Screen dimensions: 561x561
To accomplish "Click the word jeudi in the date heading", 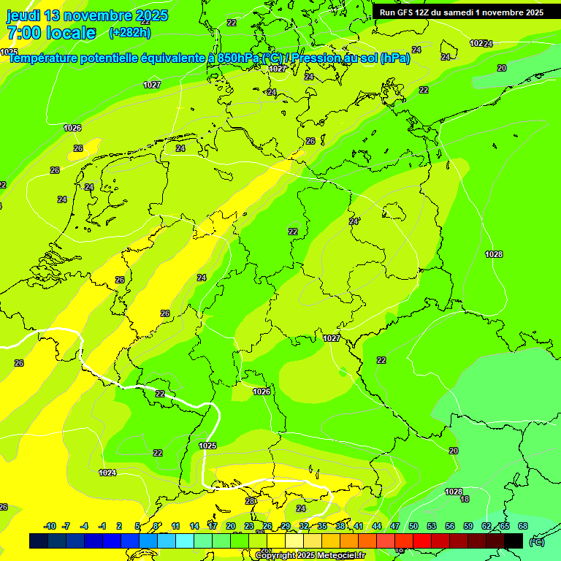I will tap(23, 15).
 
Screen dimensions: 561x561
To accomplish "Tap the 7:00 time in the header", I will tap(22, 33).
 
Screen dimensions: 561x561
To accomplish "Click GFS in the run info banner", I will tap(405, 12).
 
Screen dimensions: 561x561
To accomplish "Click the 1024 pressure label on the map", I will tap(107, 473).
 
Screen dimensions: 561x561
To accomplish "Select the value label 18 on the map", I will tap(465, 499).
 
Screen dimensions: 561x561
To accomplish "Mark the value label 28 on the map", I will tap(250, 501).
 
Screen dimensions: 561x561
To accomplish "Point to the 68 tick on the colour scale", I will tap(523, 526).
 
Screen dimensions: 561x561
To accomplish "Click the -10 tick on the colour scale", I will tap(50, 526).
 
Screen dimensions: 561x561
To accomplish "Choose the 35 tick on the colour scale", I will tap(322, 526).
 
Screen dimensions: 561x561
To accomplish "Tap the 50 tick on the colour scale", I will tap(413, 526).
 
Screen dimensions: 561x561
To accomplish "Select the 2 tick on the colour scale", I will tap(120, 526).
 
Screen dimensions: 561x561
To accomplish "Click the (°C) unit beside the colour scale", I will tap(536, 541).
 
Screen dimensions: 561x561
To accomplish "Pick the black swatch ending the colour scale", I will tap(514, 541).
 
